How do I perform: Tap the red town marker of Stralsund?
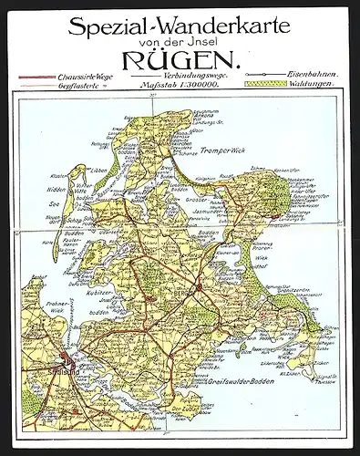point(65,360)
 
